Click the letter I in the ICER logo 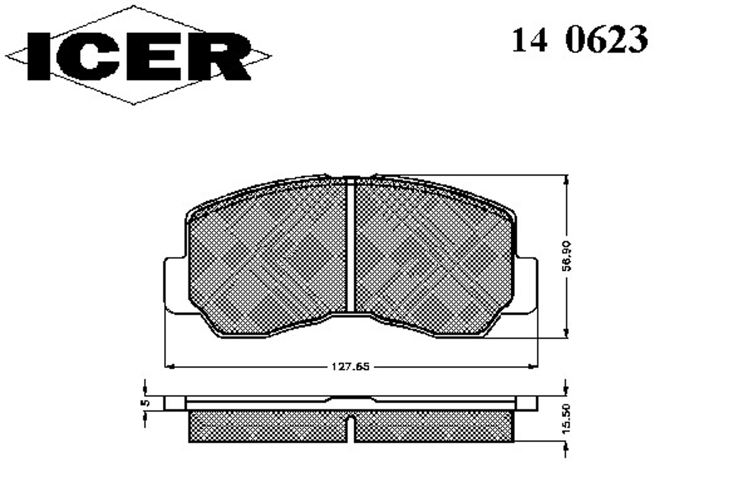(39, 56)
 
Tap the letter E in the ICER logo (154, 56)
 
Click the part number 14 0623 (580, 40)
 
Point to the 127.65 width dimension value (350, 366)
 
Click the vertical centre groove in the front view (350, 245)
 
